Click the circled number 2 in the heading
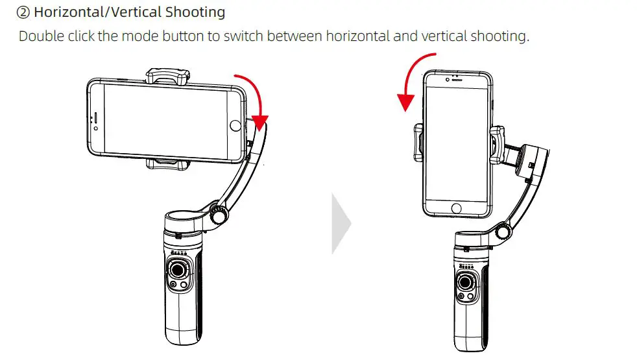23,12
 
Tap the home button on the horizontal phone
235,125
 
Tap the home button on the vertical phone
456,208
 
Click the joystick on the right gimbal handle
466,280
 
